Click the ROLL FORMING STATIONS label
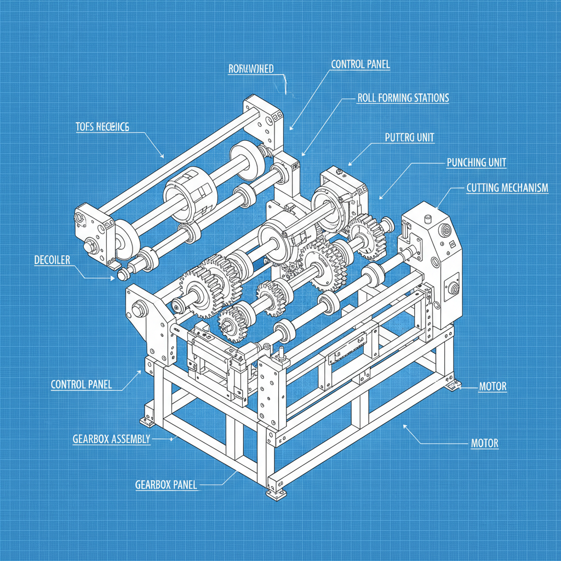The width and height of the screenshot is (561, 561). (403, 98)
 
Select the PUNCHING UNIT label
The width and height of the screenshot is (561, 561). (476, 163)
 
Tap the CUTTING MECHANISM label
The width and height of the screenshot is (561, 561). (507, 188)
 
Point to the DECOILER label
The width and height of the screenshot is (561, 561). (52, 260)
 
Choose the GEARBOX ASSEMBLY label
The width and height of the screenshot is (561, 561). (111, 439)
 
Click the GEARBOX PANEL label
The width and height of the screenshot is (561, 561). (165, 485)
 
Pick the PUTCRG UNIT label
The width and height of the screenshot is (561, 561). (409, 138)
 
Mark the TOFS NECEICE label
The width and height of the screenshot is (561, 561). (102, 127)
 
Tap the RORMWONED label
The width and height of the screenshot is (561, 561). (250, 69)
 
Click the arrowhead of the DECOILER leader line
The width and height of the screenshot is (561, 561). (113, 278)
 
